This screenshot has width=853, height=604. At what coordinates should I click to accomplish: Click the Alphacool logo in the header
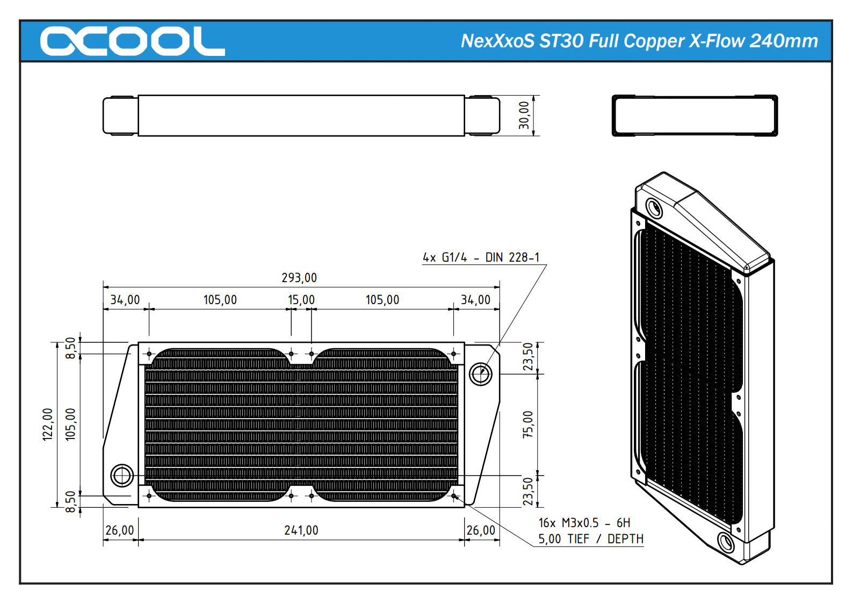(x=132, y=41)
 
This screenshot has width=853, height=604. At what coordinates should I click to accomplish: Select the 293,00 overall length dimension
(x=299, y=278)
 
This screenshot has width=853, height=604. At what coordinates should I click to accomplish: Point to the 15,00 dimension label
(x=301, y=300)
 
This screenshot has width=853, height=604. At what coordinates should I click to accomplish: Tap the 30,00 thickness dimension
(x=524, y=115)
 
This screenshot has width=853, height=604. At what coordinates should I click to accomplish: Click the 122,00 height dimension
(x=48, y=425)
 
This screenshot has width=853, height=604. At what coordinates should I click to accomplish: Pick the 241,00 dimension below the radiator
(x=301, y=530)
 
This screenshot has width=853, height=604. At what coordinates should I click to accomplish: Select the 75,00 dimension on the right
(x=528, y=425)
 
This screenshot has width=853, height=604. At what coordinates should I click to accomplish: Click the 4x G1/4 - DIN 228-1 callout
(x=481, y=257)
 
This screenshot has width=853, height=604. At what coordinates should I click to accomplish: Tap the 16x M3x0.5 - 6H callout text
(x=584, y=523)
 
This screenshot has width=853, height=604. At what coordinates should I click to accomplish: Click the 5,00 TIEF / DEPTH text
(x=590, y=539)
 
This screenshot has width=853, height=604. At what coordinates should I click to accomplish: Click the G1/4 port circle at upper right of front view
(x=480, y=373)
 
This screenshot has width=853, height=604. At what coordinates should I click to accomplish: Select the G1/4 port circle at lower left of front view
(x=122, y=476)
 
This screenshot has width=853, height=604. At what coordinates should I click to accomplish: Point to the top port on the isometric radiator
(x=654, y=207)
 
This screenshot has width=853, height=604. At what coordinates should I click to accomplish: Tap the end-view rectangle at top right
(x=695, y=116)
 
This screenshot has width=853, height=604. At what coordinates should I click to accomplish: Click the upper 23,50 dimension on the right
(x=528, y=357)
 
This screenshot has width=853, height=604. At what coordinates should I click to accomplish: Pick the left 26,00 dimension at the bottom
(x=119, y=530)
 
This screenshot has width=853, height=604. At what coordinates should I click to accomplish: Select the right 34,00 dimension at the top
(x=475, y=300)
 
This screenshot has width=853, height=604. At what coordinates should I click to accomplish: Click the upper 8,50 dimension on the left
(x=70, y=348)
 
